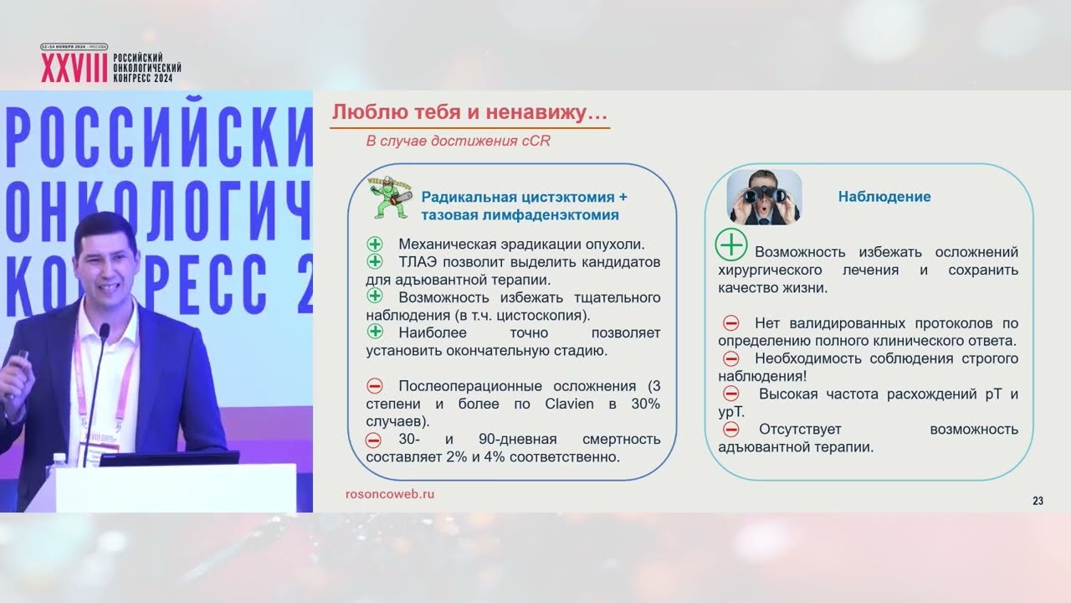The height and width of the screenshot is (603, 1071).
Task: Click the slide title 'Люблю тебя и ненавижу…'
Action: click(x=469, y=112)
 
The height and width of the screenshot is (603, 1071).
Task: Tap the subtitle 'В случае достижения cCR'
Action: click(x=458, y=141)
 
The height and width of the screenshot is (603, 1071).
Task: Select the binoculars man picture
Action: click(x=764, y=198)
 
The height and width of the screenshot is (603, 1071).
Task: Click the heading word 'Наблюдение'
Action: click(x=884, y=197)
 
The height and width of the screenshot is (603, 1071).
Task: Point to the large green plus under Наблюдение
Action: click(x=731, y=245)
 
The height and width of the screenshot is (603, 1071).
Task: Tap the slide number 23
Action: click(x=1038, y=501)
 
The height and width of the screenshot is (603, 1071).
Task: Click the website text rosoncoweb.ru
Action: click(x=390, y=494)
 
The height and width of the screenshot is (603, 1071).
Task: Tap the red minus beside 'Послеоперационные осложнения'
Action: click(x=374, y=386)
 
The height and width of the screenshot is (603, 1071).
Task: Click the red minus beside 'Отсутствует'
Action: click(x=730, y=429)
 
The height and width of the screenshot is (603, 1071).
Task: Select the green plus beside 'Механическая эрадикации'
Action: click(x=374, y=245)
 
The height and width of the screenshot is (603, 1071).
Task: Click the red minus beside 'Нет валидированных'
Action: click(x=730, y=323)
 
